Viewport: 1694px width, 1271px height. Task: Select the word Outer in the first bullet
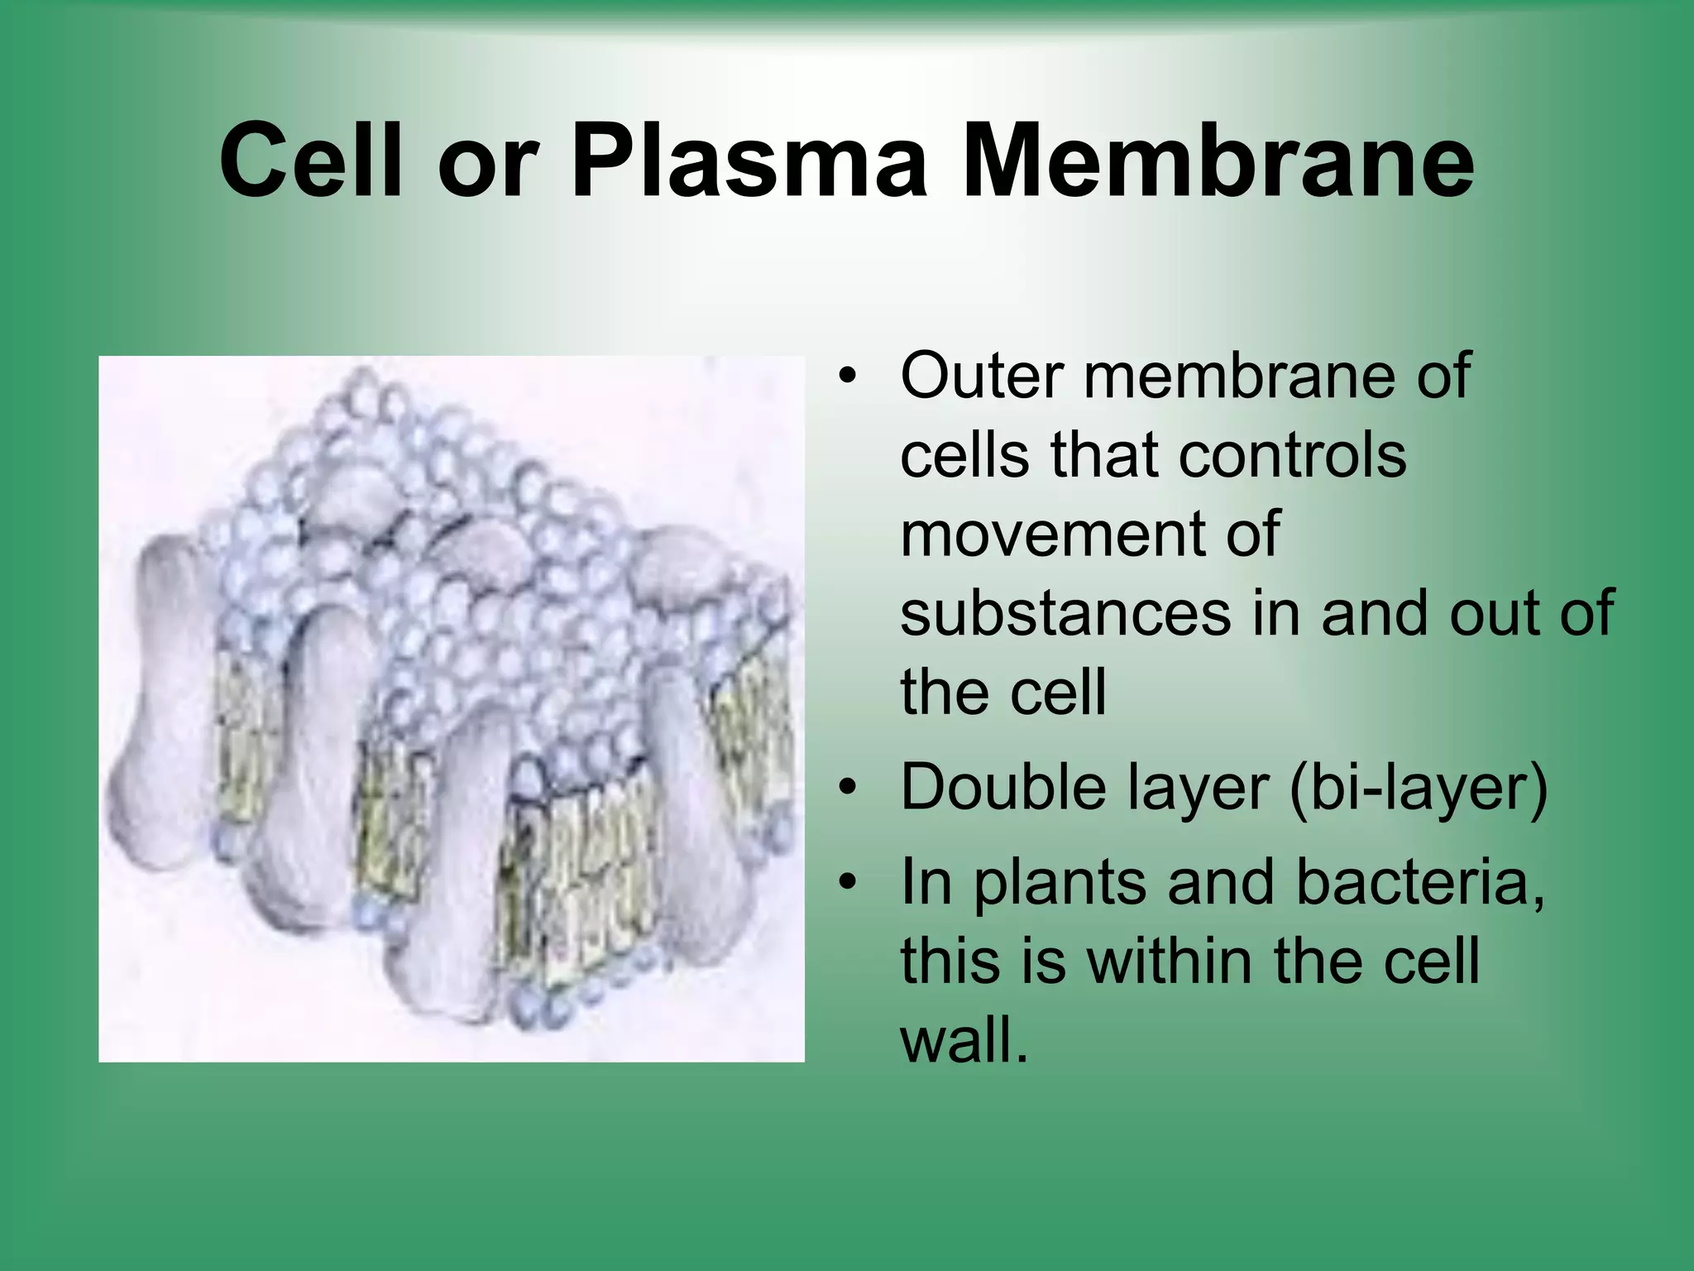979,376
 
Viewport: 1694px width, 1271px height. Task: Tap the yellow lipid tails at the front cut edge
579,877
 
